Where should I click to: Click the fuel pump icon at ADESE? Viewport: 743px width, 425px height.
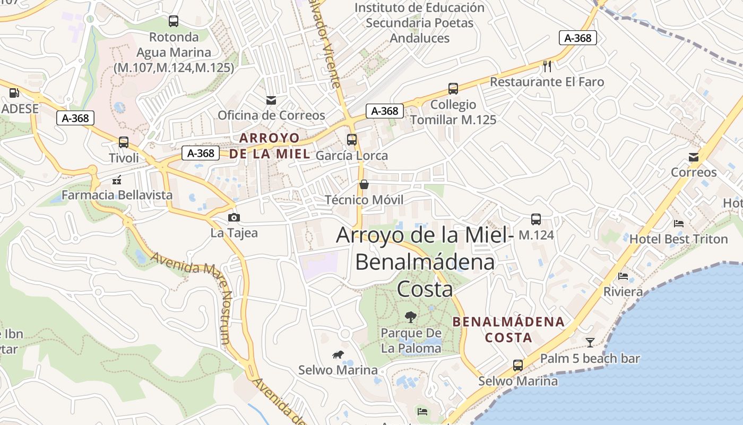pos(14,93)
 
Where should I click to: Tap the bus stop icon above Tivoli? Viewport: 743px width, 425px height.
pos(124,142)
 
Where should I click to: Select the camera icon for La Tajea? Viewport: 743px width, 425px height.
pos(234,217)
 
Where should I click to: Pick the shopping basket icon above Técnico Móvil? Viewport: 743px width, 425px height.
pos(364,184)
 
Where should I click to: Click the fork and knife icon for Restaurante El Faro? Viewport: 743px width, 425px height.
pos(548,66)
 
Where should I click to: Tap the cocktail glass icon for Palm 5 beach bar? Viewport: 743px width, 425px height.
pos(590,343)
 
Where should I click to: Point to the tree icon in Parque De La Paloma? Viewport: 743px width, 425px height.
pos(410,317)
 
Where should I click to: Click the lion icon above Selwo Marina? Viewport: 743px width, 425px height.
pos(338,354)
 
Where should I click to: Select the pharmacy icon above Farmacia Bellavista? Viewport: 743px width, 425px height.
pos(117,180)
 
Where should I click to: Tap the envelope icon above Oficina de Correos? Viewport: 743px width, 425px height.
pos(271,100)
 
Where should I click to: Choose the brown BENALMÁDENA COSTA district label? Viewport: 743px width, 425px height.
pos(508,329)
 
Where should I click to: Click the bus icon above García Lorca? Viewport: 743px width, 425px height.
pos(352,140)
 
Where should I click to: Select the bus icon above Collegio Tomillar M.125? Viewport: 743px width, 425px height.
pos(453,89)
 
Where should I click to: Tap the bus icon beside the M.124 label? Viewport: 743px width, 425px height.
pos(536,219)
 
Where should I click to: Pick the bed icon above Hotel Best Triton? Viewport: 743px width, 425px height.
pos(678,224)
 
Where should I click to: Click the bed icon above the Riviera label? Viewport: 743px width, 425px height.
pos(623,276)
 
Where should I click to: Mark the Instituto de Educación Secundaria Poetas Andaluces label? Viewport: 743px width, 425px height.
pos(419,23)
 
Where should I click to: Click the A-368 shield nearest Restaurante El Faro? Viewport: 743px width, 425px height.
pos(577,38)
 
